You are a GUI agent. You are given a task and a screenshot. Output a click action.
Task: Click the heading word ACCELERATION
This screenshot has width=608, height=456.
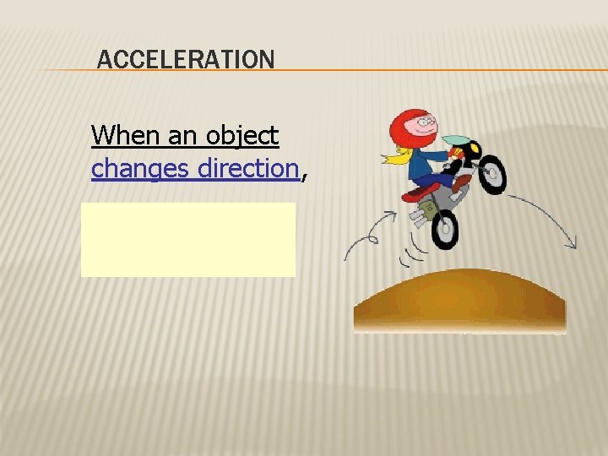[186, 60]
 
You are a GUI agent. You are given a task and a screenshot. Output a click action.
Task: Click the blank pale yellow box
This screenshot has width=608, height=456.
[187, 239]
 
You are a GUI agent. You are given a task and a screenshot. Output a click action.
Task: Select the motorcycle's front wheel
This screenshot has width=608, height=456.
[491, 174]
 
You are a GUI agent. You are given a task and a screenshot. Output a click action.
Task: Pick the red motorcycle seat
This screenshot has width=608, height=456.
[418, 193]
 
